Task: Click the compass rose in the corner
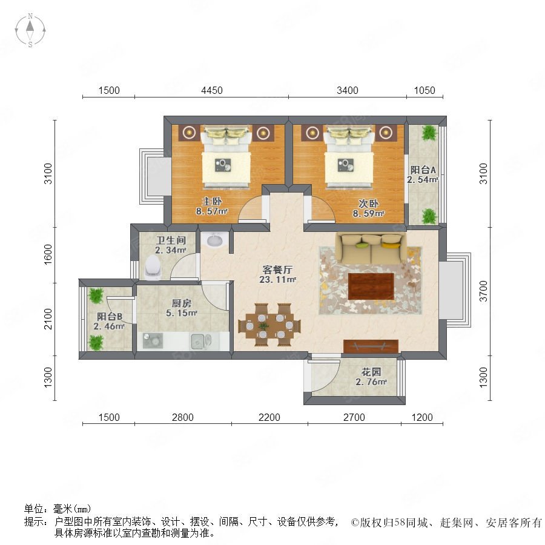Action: [x=30, y=30]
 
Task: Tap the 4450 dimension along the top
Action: [x=212, y=90]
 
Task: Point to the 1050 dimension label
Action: [x=424, y=90]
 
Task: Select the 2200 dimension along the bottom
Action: [x=269, y=417]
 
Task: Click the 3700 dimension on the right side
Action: [x=483, y=291]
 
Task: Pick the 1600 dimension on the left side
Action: [x=48, y=254]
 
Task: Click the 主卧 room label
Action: [x=212, y=201]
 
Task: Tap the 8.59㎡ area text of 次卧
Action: [x=368, y=213]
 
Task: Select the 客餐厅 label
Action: [x=277, y=269]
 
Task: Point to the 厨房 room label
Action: [x=182, y=303]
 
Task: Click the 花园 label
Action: [x=371, y=372]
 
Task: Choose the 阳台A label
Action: [x=423, y=170]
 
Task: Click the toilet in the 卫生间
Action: [x=153, y=266]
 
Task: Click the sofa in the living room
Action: [x=370, y=248]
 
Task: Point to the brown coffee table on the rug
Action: [x=371, y=286]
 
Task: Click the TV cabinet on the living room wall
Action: [x=371, y=346]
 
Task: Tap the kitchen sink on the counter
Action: [x=200, y=342]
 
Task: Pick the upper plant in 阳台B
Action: [x=96, y=296]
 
